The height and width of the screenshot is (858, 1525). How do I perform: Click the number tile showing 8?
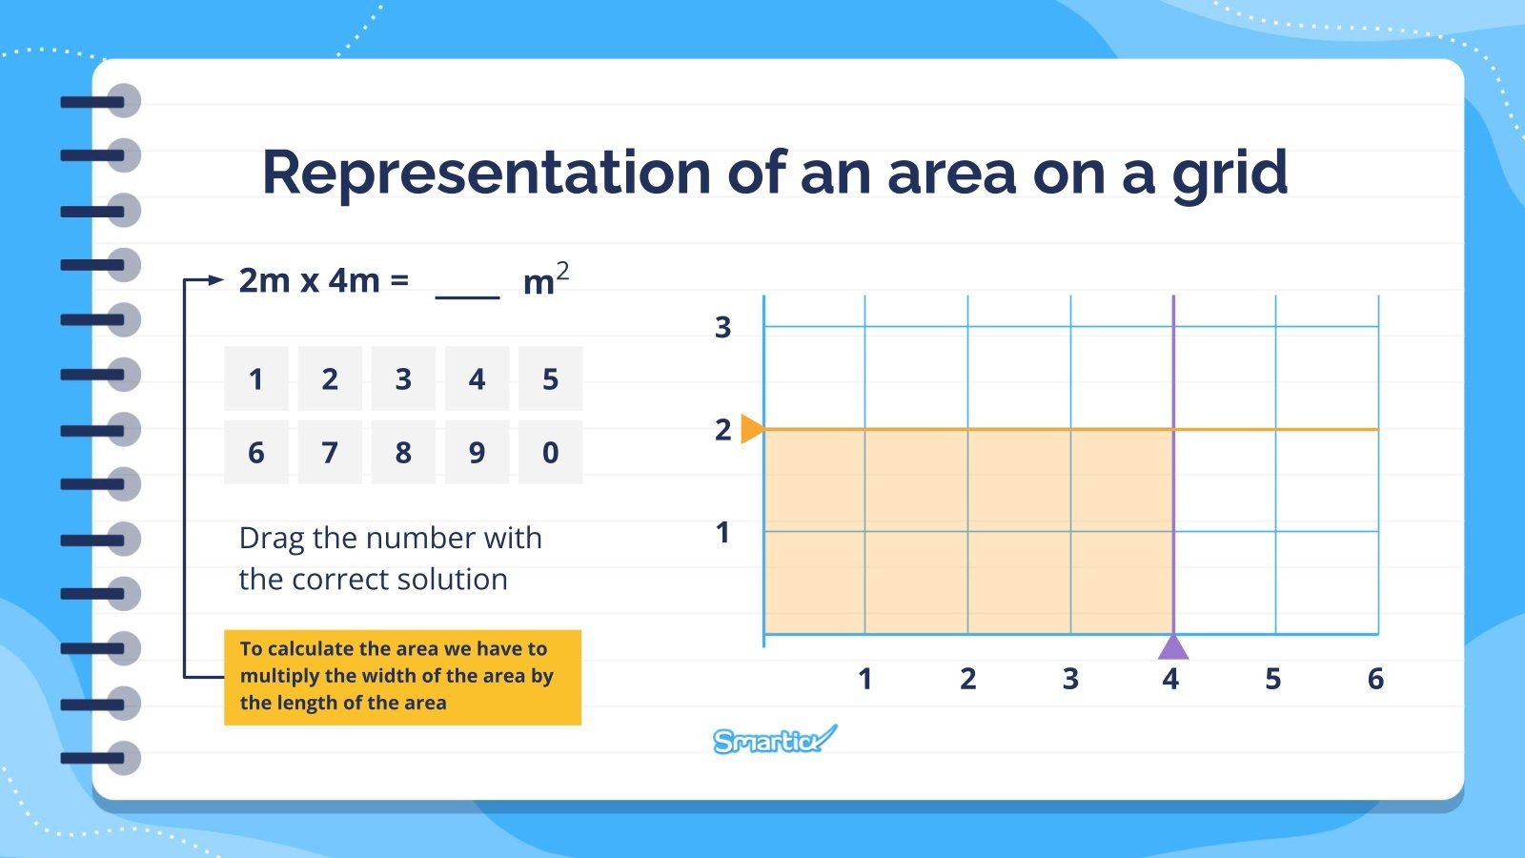tap(403, 452)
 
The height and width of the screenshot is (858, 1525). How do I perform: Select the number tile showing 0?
tap(550, 452)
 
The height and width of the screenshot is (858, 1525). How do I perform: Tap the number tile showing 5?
tap(550, 378)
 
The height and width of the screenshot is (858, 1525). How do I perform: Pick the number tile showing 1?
tap(255, 378)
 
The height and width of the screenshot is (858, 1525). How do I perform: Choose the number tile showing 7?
tap(330, 452)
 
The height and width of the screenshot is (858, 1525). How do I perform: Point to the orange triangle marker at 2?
tap(751, 429)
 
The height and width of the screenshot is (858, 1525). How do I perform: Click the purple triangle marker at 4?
tap(1173, 647)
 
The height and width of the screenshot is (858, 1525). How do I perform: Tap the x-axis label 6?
tap(1375, 679)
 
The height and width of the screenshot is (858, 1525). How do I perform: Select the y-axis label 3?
tap(723, 327)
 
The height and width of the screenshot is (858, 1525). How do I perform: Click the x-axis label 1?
tap(864, 679)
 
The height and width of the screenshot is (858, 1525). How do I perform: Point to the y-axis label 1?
tap(723, 532)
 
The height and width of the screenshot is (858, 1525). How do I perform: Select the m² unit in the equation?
tap(545, 280)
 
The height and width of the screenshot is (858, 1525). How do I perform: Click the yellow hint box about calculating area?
tap(402, 677)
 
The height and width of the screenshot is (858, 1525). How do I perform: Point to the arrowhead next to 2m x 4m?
tap(216, 280)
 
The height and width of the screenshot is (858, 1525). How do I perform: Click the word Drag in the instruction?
tap(272, 539)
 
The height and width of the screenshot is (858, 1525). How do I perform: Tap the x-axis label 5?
tap(1273, 679)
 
